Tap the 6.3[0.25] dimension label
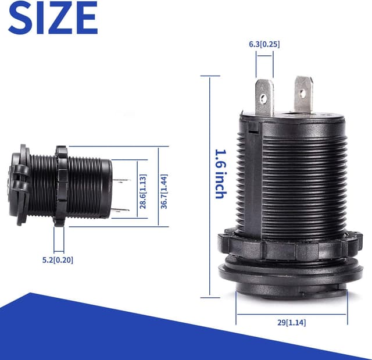264,44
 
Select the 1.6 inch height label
219,174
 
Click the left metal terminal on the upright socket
264,97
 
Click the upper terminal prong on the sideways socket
121,181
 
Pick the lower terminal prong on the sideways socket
121,209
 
